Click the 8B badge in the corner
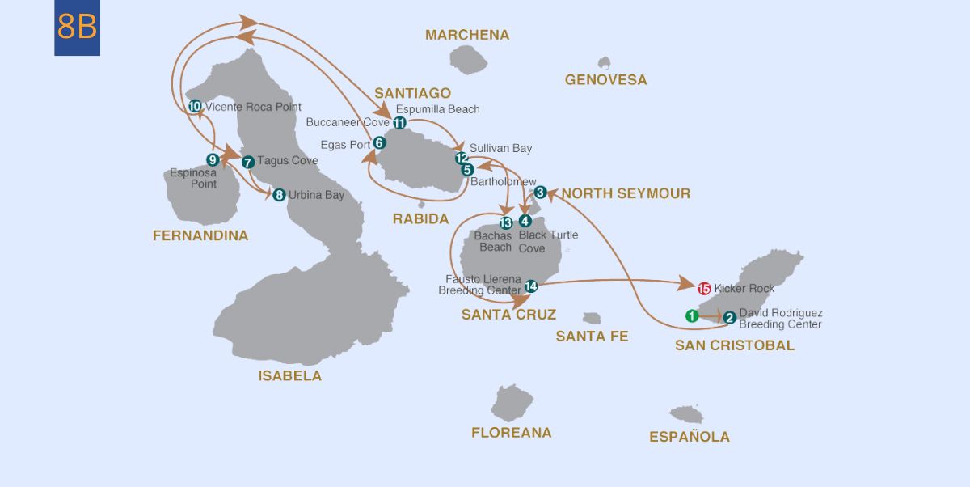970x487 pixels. [78, 28]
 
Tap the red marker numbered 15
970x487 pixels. [703, 288]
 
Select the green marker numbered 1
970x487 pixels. [692, 315]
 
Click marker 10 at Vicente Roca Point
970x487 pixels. [195, 107]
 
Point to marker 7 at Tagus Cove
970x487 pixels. [248, 161]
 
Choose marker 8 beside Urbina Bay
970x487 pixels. [279, 195]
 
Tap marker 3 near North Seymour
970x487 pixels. [541, 193]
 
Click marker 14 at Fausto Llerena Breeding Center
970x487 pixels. [530, 286]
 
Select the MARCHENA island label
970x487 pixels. [467, 35]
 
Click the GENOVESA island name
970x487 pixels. [605, 79]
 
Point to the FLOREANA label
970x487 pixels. [511, 433]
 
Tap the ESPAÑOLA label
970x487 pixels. [689, 437]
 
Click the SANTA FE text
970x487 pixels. [592, 336]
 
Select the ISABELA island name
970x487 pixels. [289, 375]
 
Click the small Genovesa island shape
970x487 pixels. [604, 62]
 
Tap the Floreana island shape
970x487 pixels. [512, 402]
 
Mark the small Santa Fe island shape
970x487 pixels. [592, 319]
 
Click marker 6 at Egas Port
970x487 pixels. [379, 142]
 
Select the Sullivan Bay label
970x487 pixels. [500, 149]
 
